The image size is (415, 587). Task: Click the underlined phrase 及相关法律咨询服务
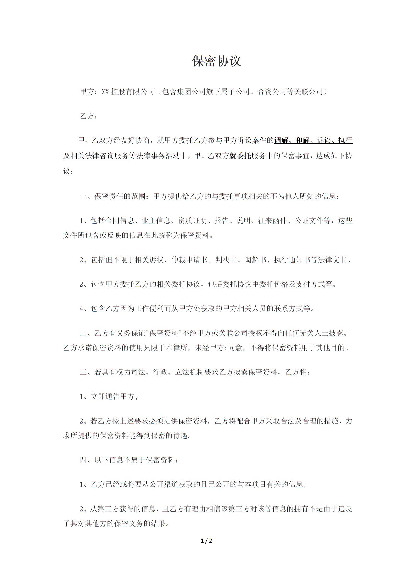point(96,156)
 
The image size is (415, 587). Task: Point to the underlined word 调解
point(281,141)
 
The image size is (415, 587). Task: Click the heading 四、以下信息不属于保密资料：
point(129,460)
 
